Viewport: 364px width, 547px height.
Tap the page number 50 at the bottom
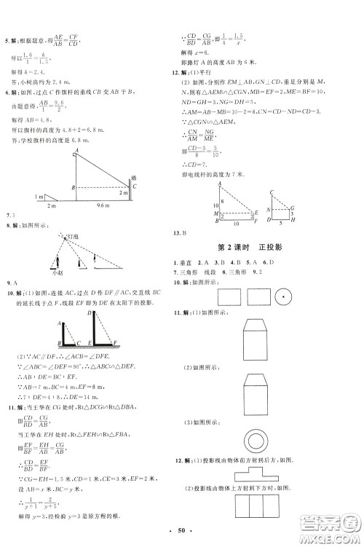coord(181,538)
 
